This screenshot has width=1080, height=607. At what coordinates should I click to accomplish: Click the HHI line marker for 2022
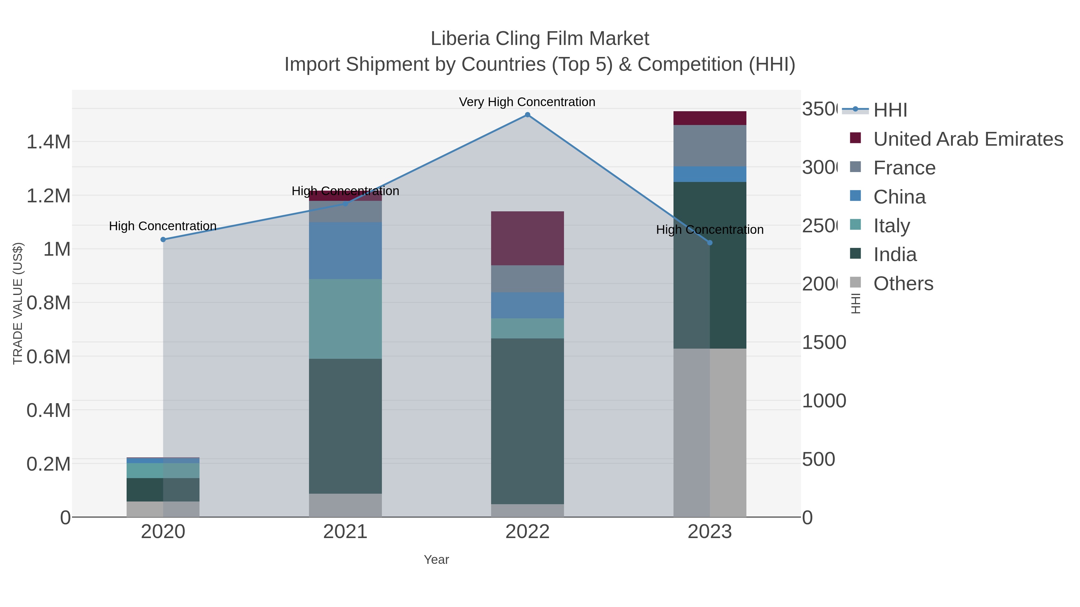[x=527, y=115]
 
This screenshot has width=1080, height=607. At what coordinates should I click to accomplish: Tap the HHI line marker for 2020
[x=163, y=240]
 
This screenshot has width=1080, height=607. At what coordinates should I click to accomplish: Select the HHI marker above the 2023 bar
[x=710, y=243]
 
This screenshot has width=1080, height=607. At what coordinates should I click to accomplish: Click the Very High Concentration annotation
[x=527, y=102]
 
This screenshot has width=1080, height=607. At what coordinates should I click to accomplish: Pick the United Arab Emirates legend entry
[x=967, y=139]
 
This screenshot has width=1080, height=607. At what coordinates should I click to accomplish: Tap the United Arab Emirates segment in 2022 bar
[x=527, y=238]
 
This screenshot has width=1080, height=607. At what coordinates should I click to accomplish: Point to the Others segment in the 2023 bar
[x=710, y=432]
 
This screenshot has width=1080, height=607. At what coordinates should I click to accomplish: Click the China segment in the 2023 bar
[x=710, y=174]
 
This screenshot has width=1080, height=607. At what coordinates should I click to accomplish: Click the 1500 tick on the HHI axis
[x=824, y=343]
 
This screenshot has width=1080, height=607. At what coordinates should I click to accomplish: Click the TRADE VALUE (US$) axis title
[x=18, y=303]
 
